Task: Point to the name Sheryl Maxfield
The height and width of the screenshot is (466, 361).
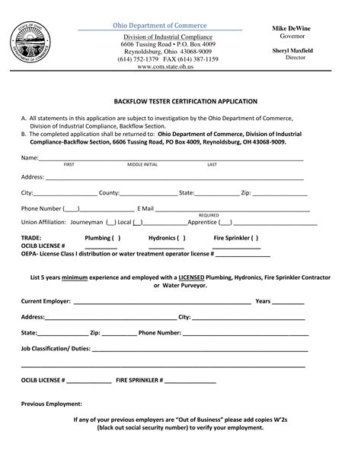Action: [294, 50]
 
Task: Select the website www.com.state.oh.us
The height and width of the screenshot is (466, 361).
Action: [165, 67]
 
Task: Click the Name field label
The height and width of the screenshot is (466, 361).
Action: [29, 157]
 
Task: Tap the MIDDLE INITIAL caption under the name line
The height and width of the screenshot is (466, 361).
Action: [142, 164]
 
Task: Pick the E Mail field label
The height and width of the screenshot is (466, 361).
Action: [145, 208]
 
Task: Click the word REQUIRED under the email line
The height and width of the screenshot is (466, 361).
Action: [209, 215]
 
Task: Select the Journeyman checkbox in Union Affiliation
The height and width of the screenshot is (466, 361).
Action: [110, 222]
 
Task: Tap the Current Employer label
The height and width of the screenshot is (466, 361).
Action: [46, 301]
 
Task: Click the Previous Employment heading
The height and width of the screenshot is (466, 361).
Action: [51, 404]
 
